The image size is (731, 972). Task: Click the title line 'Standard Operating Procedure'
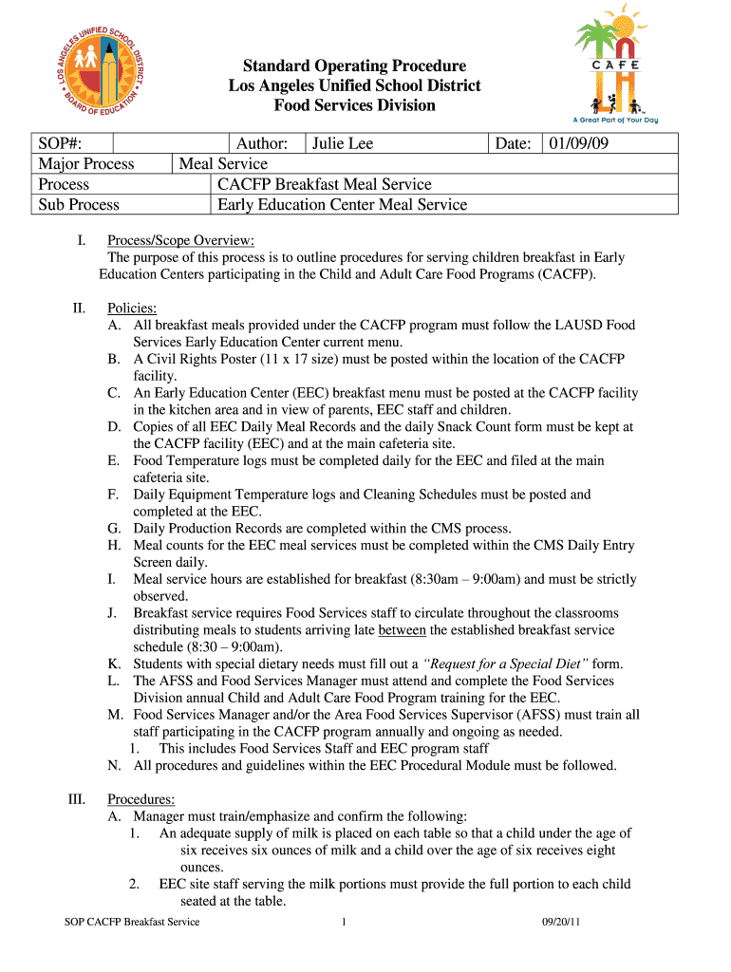pos(354,65)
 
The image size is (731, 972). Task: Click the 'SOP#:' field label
pos(61,143)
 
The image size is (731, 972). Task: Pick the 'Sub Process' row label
pos(79,204)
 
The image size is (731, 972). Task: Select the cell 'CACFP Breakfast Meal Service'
pos(325,184)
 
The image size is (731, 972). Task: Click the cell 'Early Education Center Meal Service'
pos(343,204)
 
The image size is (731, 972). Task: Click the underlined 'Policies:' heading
pos(132,308)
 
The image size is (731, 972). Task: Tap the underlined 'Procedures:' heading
pos(141,799)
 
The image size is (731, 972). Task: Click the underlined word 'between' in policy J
pos(402,630)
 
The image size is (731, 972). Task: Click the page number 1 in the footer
pos(343,922)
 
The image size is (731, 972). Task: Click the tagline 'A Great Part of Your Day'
pos(614,120)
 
